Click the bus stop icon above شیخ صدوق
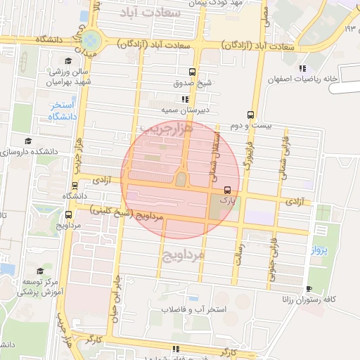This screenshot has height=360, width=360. [x=192, y=72]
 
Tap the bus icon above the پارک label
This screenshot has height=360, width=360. [x=226, y=190]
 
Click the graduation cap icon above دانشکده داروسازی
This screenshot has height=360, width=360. [x=27, y=140]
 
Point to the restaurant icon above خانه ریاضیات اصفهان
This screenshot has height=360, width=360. [x=303, y=68]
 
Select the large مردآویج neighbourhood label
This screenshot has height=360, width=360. [x=183, y=253]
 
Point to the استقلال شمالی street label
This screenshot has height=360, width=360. [x=217, y=149]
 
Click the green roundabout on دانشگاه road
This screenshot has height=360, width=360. [x=91, y=39]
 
